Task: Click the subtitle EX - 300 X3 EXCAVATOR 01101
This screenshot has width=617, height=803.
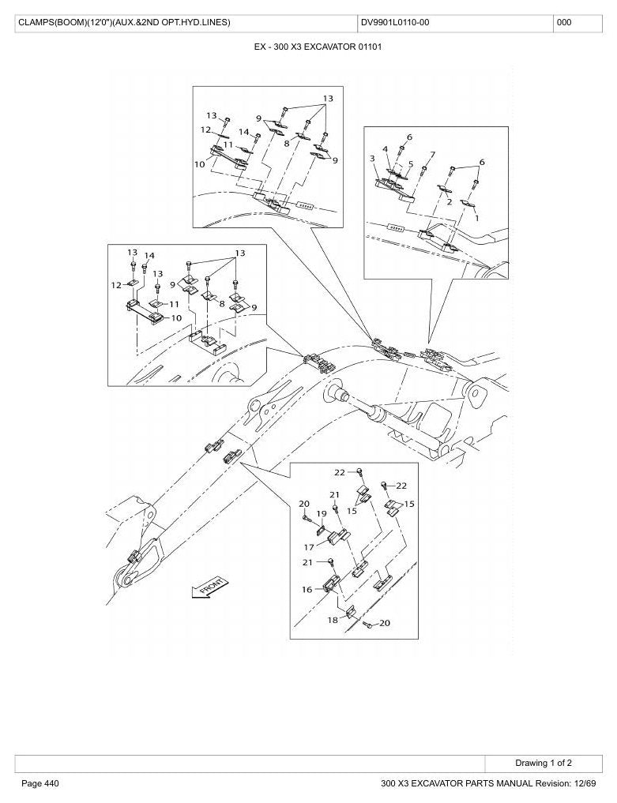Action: (318, 47)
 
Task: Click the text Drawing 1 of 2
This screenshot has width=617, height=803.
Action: (544, 763)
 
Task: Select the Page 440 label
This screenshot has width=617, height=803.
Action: (40, 783)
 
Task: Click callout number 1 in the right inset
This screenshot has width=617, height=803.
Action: (477, 218)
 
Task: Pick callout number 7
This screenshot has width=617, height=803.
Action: (432, 155)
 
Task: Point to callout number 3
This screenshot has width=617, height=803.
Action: (372, 159)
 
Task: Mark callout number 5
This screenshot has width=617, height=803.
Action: (411, 164)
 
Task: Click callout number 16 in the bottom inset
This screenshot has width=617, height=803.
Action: (307, 590)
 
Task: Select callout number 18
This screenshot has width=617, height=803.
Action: (333, 620)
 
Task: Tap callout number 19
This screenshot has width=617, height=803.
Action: (322, 514)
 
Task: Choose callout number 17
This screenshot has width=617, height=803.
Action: (309, 547)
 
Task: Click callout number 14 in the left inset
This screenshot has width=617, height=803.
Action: (149, 256)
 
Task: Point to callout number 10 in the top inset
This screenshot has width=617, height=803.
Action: (199, 164)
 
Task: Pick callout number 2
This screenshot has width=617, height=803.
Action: (449, 202)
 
